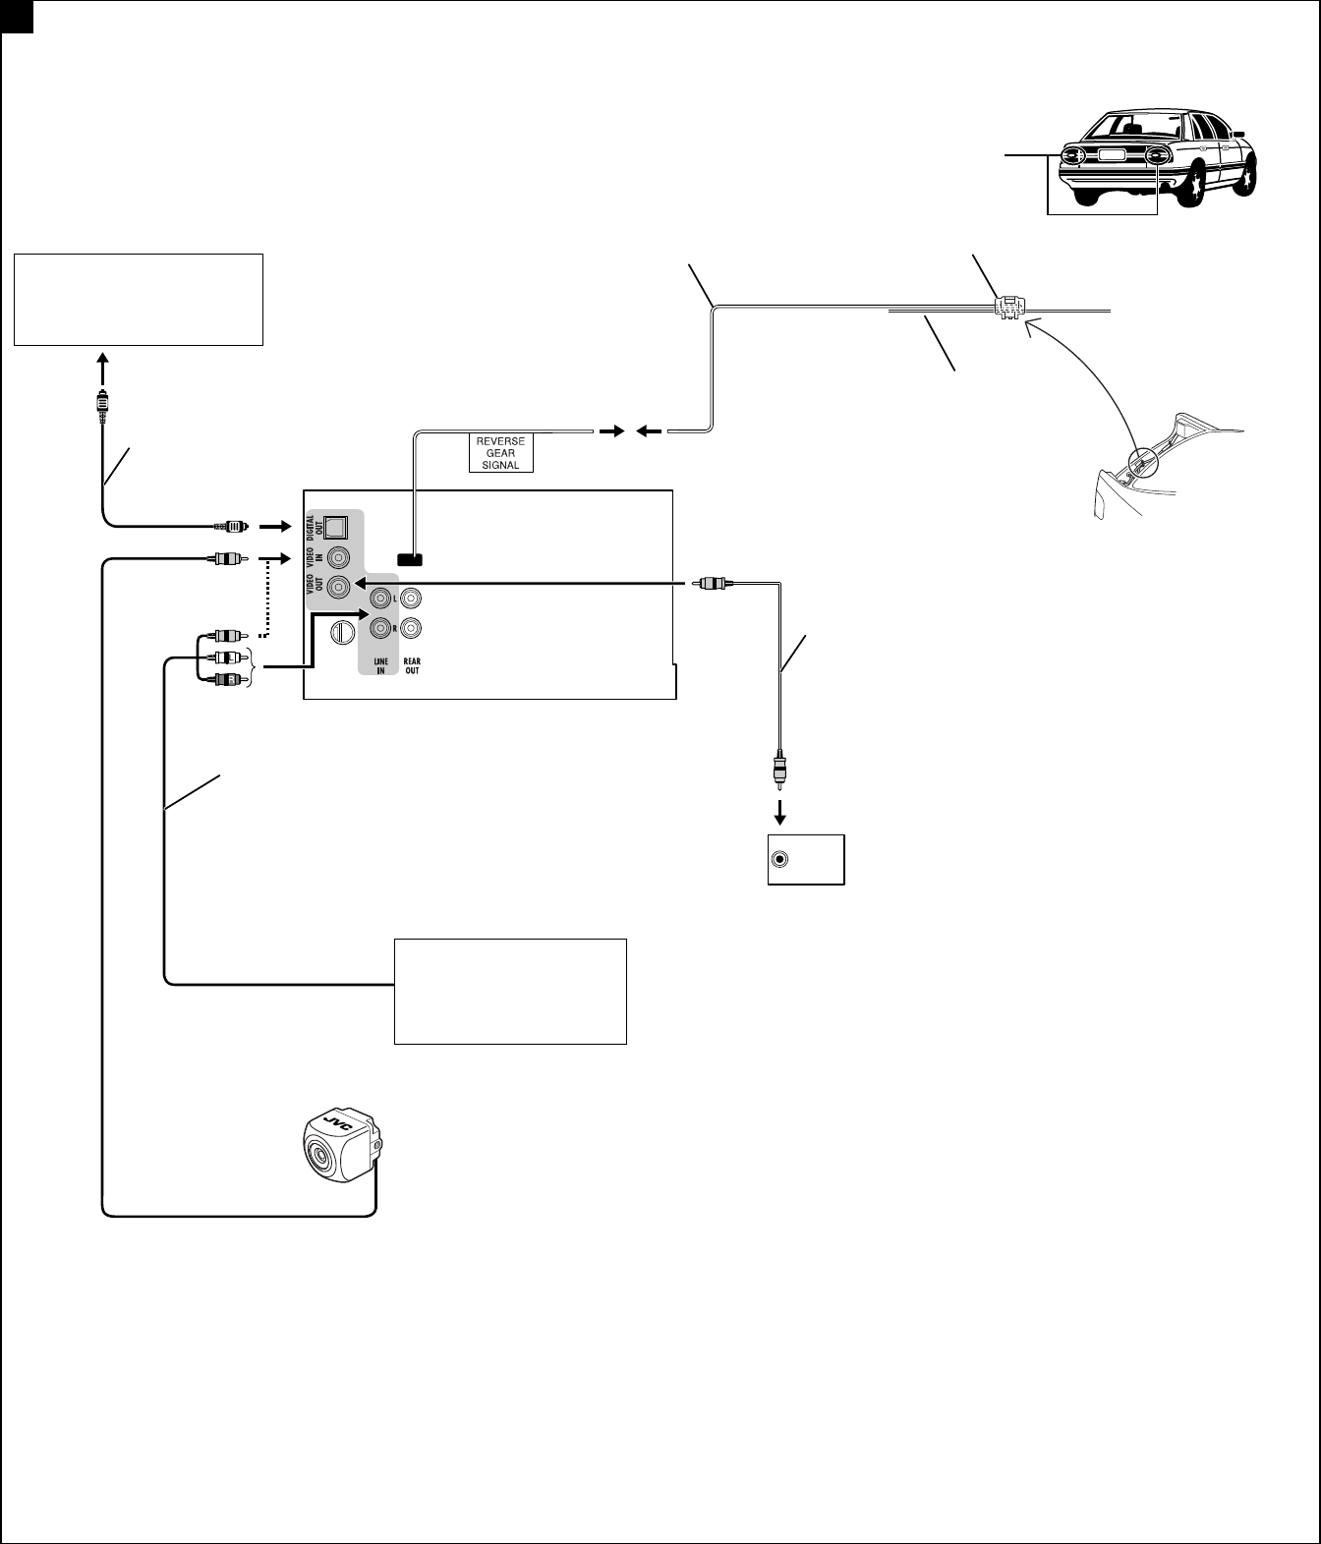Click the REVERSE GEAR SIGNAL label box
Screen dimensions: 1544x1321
pyautogui.click(x=500, y=453)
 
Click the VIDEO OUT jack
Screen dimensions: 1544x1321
pyautogui.click(x=338, y=587)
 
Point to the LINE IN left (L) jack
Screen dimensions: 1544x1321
pyautogui.click(x=379, y=598)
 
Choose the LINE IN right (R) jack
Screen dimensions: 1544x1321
pyautogui.click(x=379, y=627)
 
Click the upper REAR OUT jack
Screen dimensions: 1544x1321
pyautogui.click(x=412, y=598)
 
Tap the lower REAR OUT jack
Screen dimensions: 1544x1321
pyautogui.click(x=412, y=627)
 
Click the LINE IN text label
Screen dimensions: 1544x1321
pyautogui.click(x=379, y=666)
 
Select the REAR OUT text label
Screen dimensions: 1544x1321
pyautogui.click(x=412, y=666)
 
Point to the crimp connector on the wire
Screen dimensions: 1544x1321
pyautogui.click(x=1008, y=307)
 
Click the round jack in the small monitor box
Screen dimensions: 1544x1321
pyautogui.click(x=780, y=860)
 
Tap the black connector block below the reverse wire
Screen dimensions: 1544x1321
pyautogui.click(x=410, y=560)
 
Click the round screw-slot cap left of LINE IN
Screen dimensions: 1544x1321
pyautogui.click(x=342, y=631)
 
